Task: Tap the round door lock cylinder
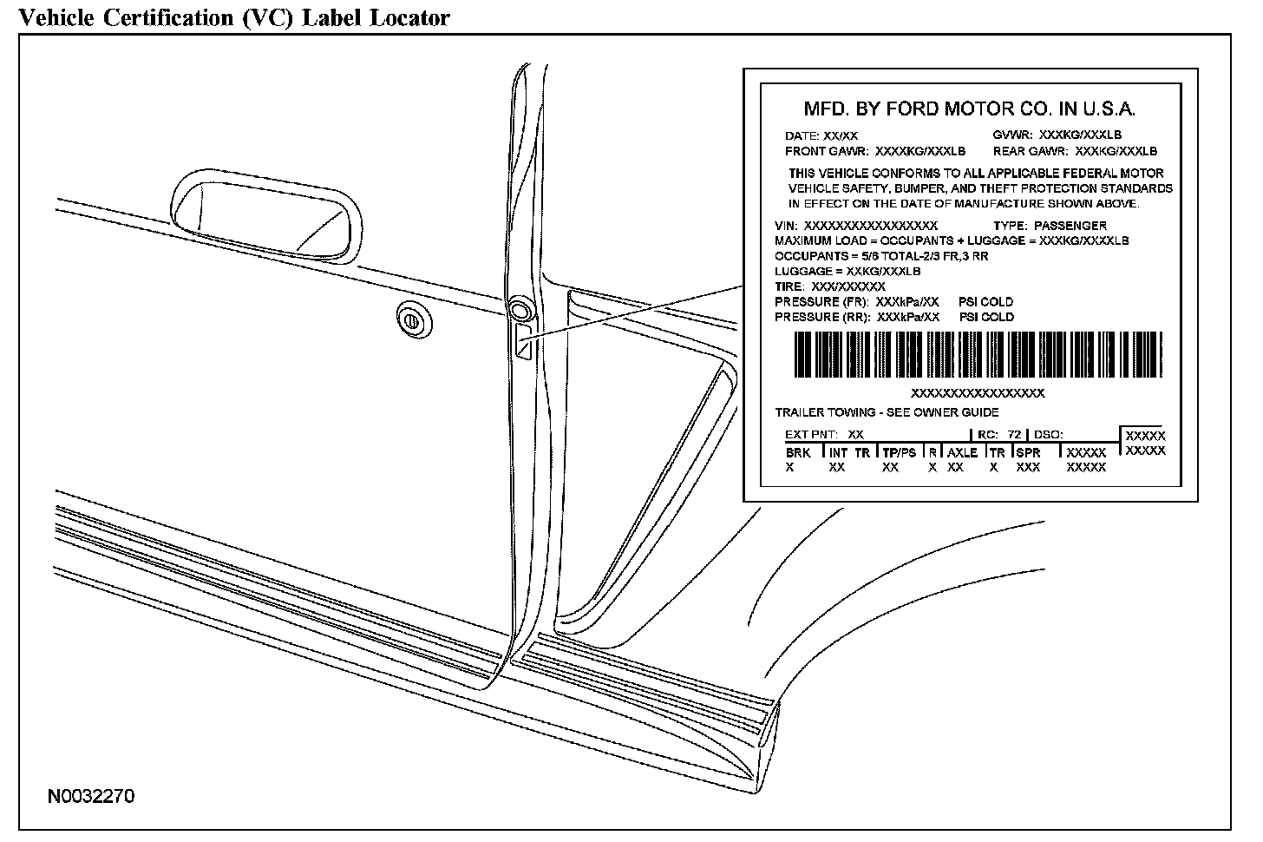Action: [413, 320]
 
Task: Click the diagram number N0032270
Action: [91, 797]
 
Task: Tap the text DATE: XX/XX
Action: [821, 136]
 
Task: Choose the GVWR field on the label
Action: [1057, 135]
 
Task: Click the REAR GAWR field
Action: [1075, 151]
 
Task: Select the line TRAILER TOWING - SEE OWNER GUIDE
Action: [887, 412]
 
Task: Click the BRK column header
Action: [798, 453]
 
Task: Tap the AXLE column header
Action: [962, 453]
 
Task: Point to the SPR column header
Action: [1028, 453]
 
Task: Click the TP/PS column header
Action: [900, 453]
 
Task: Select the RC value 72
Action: [1014, 434]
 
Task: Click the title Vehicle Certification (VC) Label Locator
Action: [234, 17]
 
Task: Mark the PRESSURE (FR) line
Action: [893, 302]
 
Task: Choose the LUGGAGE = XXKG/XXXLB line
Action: [847, 272]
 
